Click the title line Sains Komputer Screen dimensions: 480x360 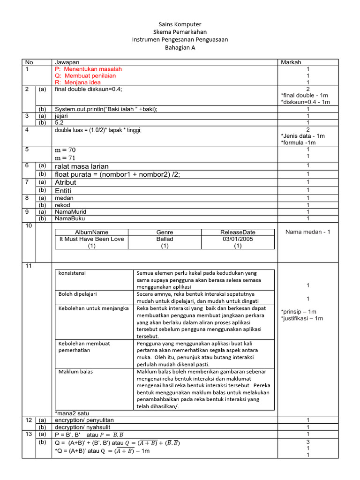point(180,24)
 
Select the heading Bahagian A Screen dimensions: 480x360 point(180,47)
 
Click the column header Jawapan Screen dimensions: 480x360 point(67,62)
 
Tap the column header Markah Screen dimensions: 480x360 point(291,62)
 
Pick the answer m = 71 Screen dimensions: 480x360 point(66,157)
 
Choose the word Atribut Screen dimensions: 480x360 point(66,182)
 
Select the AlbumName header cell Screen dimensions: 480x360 point(91,232)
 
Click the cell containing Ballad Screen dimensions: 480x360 point(165,239)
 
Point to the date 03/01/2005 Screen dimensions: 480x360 point(238,239)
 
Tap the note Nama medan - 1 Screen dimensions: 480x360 point(307,232)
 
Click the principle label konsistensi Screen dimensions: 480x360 point(72,273)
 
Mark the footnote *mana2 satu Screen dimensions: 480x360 point(72,413)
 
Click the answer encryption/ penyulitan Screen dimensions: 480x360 point(84,420)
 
